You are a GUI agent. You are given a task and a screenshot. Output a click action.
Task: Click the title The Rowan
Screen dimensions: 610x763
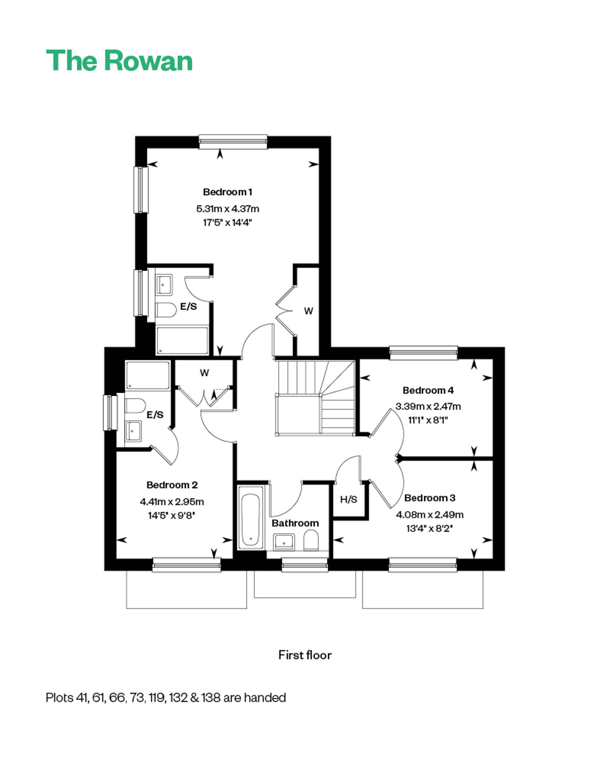point(119,61)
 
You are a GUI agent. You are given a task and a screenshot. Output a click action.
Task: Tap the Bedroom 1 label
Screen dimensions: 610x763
point(228,192)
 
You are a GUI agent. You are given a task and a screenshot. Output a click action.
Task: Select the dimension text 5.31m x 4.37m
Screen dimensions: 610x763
point(228,209)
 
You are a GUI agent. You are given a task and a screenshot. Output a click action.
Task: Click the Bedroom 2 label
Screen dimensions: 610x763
point(172,485)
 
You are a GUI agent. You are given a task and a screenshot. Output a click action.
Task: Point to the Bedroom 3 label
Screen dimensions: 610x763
point(430,498)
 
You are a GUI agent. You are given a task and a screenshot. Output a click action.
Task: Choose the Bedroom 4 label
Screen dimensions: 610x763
point(428,390)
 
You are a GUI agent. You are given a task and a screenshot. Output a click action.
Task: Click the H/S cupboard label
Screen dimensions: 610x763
point(349,499)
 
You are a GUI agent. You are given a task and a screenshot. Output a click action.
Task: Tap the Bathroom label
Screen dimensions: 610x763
point(295,523)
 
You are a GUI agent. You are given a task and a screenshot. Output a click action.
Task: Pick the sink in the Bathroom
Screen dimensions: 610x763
point(283,542)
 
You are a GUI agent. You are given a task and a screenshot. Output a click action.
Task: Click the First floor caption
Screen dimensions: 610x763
point(305,655)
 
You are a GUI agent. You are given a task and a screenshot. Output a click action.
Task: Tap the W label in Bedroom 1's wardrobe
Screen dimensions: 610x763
point(309,311)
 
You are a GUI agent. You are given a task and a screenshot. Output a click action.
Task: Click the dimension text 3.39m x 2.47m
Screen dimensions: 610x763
point(428,406)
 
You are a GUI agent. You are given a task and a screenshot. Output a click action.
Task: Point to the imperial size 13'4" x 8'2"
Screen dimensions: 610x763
point(430,529)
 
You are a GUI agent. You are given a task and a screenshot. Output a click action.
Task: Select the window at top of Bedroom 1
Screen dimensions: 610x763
point(233,141)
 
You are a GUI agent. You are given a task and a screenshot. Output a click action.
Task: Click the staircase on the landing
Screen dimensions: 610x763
point(316,398)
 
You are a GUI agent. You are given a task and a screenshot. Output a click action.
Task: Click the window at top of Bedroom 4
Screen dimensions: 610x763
point(423,353)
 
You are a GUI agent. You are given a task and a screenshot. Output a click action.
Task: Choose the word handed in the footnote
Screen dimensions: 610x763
point(265,697)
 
